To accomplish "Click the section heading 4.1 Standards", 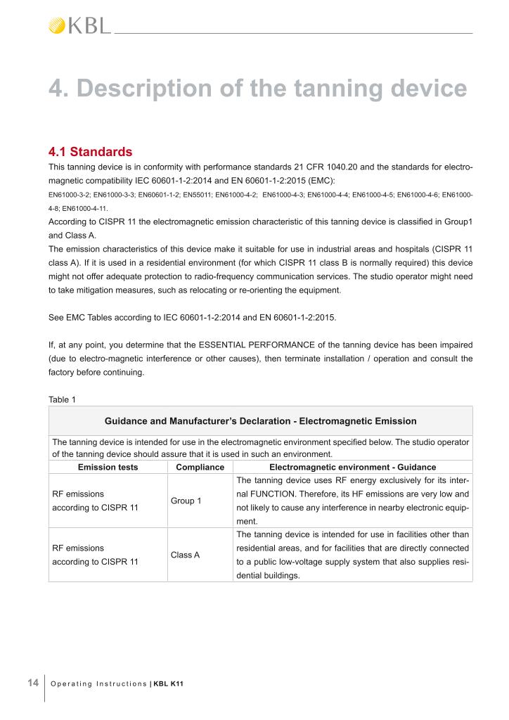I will [90, 151].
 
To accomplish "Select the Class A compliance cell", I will [186, 555].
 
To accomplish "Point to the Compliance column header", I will [200, 467].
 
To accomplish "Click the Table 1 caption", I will [63, 399].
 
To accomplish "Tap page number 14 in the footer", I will [32, 682].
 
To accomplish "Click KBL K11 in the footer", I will [169, 683].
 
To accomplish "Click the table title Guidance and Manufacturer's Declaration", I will [260, 421].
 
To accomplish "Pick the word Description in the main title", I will [139, 89].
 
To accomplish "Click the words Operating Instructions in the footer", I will [99, 683].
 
